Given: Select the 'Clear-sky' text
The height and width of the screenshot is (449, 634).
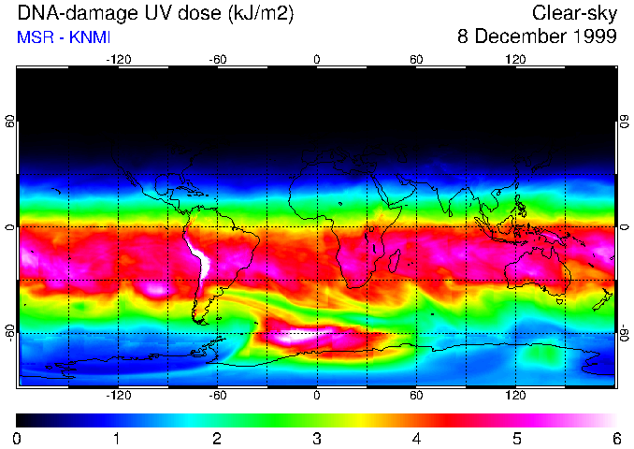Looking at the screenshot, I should (573, 13).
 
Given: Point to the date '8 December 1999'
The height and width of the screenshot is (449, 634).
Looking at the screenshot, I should (537, 37).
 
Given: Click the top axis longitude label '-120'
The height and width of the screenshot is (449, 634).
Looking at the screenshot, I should (118, 59).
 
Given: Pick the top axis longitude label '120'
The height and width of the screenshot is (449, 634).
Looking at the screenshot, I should (515, 59).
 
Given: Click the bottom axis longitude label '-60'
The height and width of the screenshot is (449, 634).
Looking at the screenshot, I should (218, 396).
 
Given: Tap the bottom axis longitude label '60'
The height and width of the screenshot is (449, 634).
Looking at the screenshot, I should (416, 396).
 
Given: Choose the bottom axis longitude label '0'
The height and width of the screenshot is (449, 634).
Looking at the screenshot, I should (317, 396).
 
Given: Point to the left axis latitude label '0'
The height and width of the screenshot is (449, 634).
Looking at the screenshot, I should (10, 227).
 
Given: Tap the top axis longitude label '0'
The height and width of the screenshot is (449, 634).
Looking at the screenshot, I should (317, 59).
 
